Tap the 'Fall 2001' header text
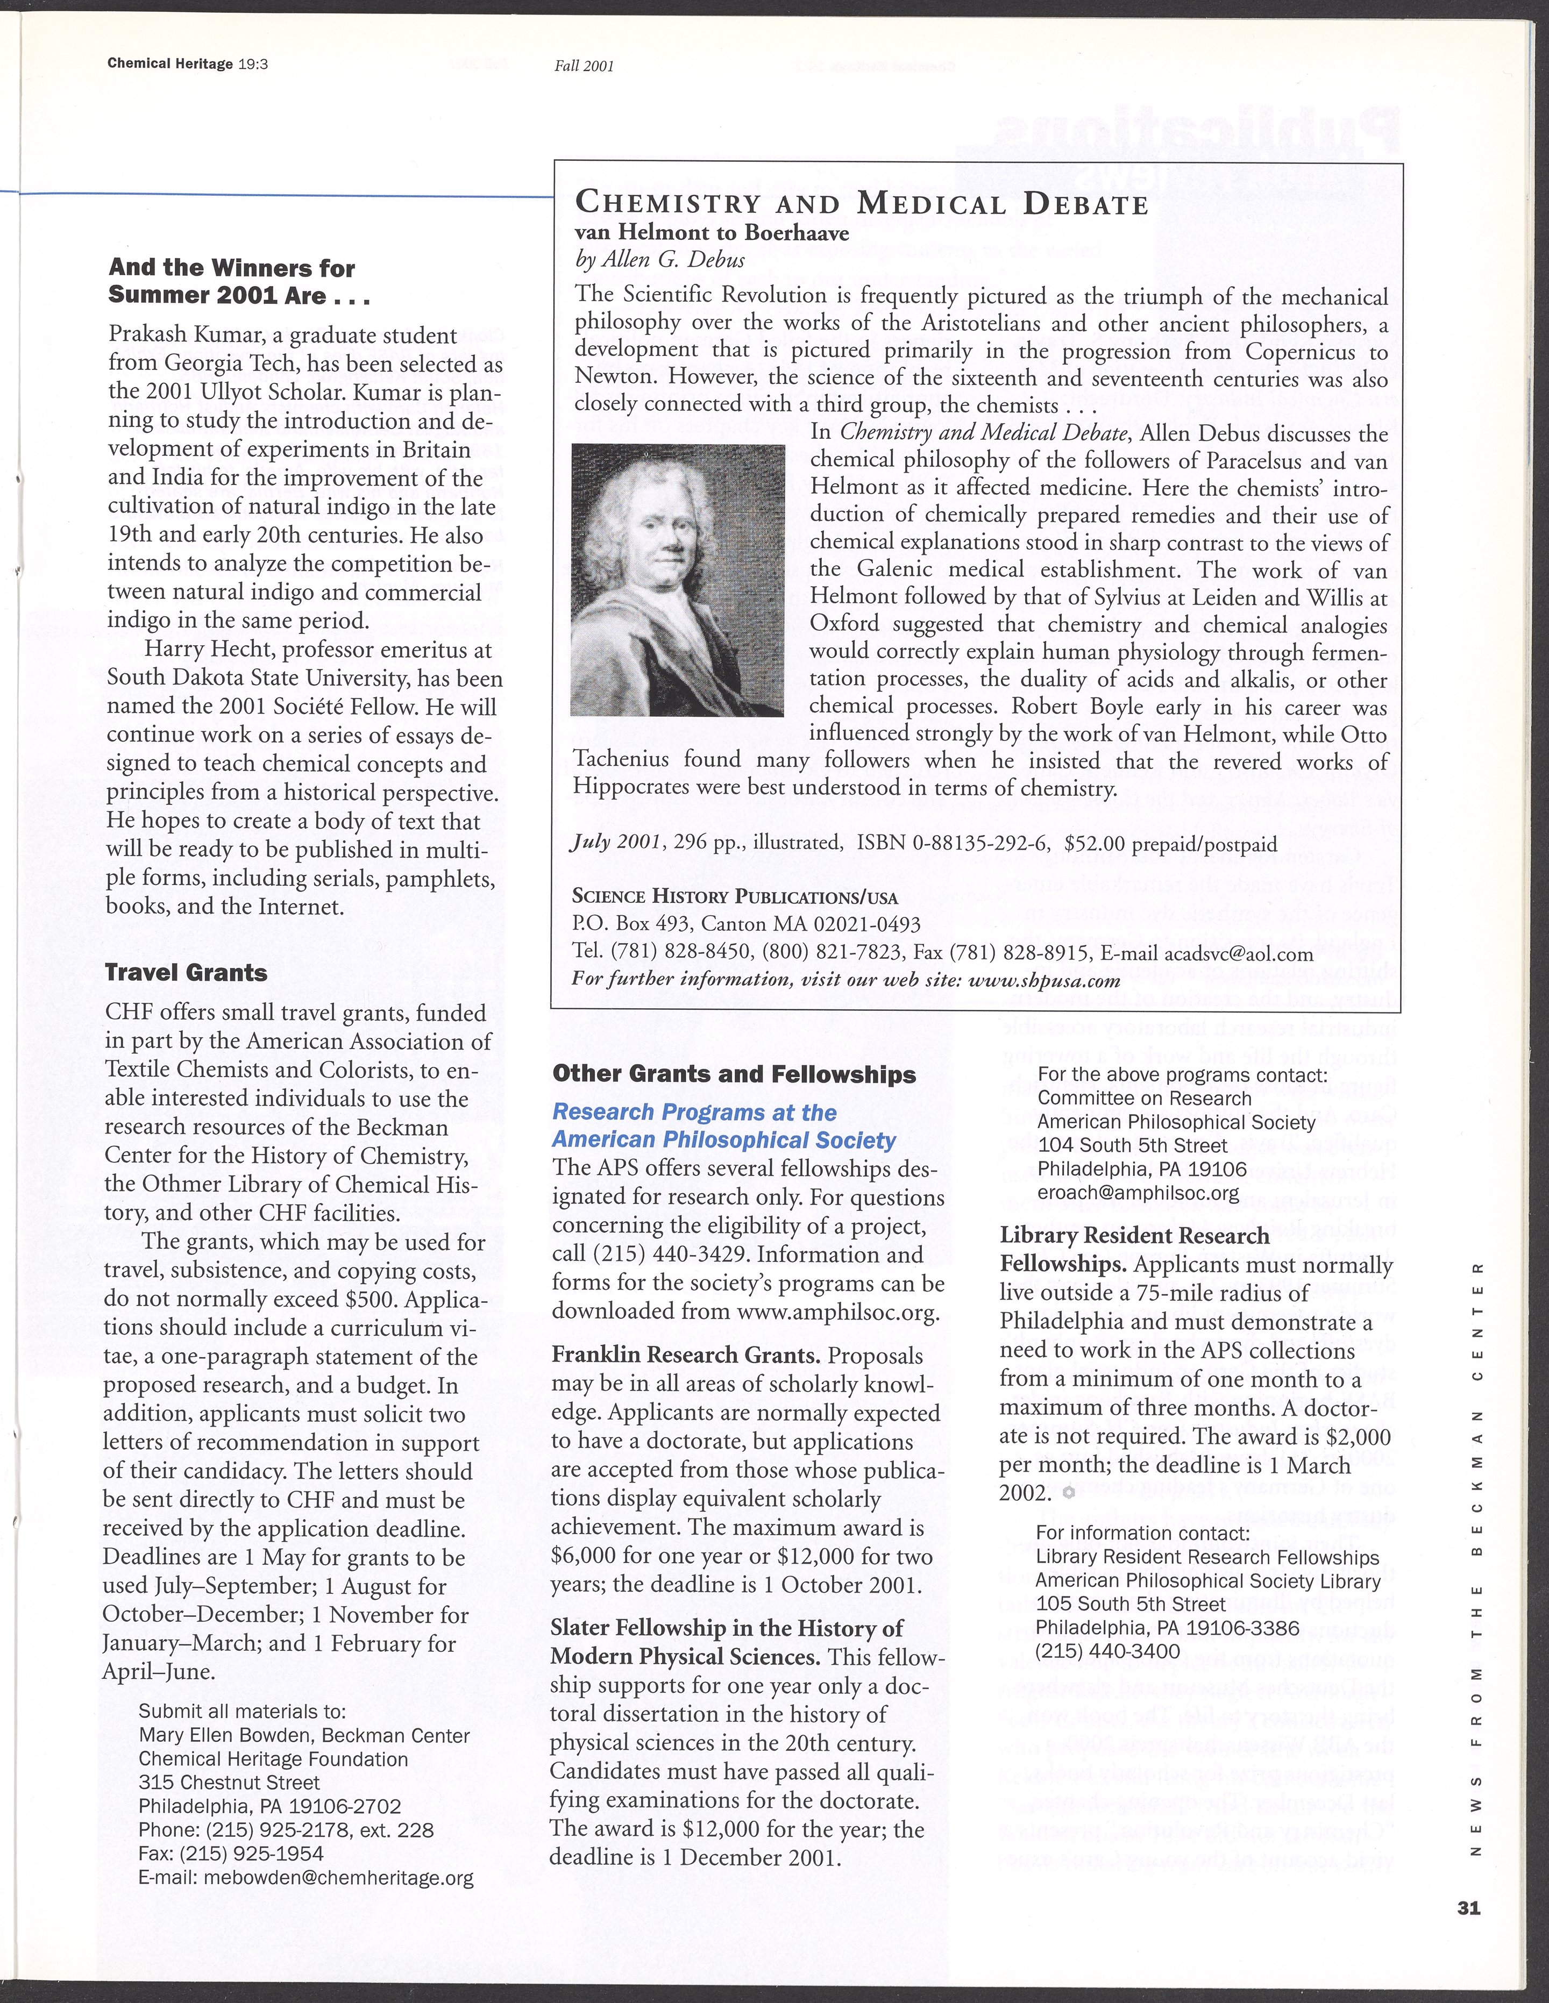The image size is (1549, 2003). click(x=583, y=66)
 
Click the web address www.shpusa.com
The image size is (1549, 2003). click(x=1041, y=980)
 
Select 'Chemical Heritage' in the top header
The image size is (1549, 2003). click(x=169, y=64)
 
